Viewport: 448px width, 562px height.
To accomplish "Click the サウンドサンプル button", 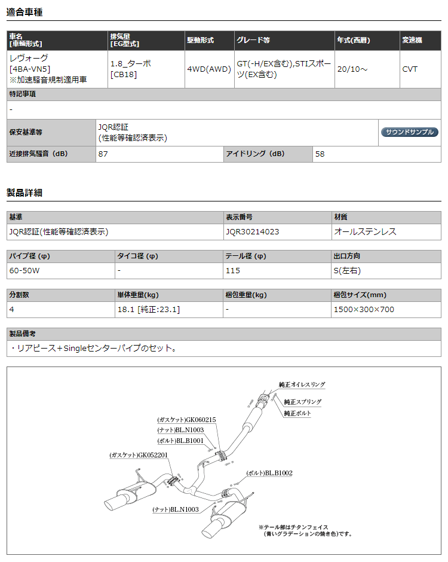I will coord(410,132).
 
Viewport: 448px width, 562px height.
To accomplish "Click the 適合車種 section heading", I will coord(24,12).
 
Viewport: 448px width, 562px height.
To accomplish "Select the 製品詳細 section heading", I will coord(24,193).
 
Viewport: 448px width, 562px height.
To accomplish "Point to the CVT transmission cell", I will coord(410,69).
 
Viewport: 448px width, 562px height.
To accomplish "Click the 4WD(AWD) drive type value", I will coord(209,69).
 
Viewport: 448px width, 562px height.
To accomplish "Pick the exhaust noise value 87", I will coord(103,154).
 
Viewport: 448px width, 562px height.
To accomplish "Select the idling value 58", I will coord(320,154).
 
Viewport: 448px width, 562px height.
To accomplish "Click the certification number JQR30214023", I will coord(253,231).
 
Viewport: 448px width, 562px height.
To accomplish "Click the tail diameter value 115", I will coord(233,270).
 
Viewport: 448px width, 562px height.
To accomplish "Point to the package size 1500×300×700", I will coord(364,309).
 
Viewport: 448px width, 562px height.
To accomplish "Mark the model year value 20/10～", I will coord(352,69).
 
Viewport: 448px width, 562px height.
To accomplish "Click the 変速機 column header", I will coord(412,40).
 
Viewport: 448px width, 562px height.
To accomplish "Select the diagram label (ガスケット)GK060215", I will coord(186,420).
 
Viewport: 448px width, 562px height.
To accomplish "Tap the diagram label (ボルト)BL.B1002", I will coord(269,473).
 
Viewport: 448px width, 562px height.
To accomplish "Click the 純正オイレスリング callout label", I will coord(302,385).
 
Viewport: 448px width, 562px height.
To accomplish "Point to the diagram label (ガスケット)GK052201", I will coord(139,455).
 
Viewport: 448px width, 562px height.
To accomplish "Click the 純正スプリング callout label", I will coord(302,402).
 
